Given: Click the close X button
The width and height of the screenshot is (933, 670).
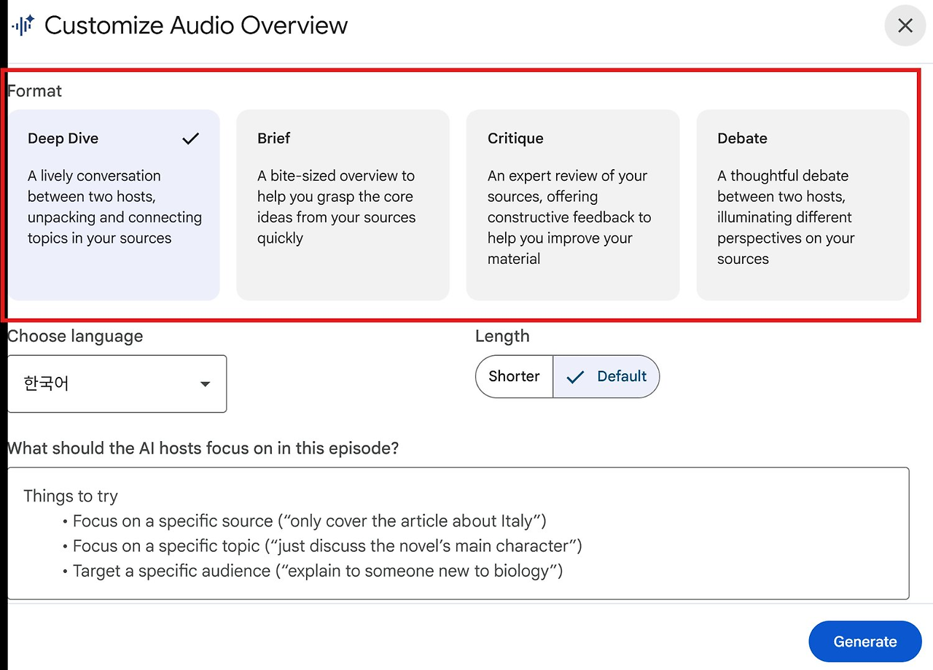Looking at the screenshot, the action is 905,26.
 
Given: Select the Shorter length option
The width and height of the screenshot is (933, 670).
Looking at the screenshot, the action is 514,376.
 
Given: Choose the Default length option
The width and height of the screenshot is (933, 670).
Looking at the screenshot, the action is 606,376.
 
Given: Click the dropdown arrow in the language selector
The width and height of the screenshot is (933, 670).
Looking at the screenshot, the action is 205,383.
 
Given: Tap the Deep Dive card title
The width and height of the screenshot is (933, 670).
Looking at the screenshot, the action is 63,139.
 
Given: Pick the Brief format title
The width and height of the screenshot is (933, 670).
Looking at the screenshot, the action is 273,138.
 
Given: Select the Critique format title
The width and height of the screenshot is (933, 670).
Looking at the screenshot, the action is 515,139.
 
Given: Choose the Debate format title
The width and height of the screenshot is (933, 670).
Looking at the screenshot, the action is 742,138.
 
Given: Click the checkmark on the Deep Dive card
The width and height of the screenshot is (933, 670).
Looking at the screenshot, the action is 191,139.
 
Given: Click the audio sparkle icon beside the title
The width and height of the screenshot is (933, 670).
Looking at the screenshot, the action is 23,25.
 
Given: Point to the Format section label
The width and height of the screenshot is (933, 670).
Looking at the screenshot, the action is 34,91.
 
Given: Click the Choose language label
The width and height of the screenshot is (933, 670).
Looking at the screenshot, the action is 75,336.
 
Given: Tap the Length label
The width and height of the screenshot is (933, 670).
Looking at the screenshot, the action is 502,336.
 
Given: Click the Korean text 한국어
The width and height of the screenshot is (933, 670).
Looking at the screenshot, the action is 46,383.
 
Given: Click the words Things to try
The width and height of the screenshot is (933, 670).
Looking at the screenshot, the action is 71,496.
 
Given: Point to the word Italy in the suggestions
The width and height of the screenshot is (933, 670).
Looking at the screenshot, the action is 517,521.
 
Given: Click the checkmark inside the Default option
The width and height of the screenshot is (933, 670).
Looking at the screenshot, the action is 575,377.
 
